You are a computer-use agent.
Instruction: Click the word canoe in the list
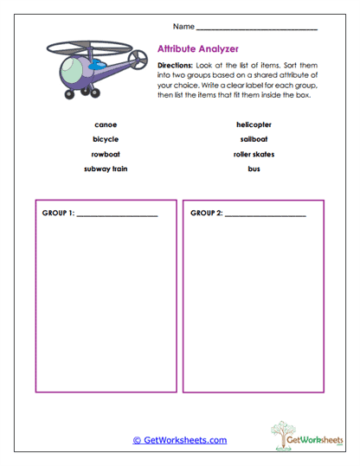coord(106,124)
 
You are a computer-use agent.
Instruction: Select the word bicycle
coord(106,139)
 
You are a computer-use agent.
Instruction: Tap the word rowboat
coord(106,154)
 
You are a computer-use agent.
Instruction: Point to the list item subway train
coord(106,169)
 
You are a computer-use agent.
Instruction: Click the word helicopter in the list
coord(254,124)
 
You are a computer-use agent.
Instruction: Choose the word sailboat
coord(254,139)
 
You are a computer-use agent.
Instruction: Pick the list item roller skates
coord(254,154)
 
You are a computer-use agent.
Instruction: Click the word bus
coord(254,169)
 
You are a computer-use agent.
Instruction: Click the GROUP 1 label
coord(58,213)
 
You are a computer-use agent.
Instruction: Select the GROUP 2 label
coord(206,213)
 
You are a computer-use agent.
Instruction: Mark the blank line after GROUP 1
coord(117,214)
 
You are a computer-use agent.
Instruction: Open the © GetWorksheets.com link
coord(179,440)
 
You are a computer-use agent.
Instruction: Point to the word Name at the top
coord(183,27)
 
